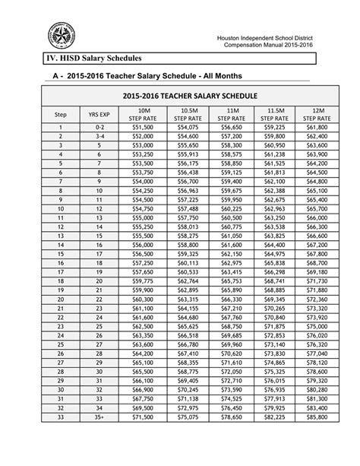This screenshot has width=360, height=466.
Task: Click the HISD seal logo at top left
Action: pos(62,34)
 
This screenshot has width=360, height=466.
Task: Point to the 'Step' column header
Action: pos(60,115)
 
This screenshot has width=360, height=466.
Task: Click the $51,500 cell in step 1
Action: pos(143,128)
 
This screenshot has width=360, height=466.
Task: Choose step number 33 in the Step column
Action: pos(60,439)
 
